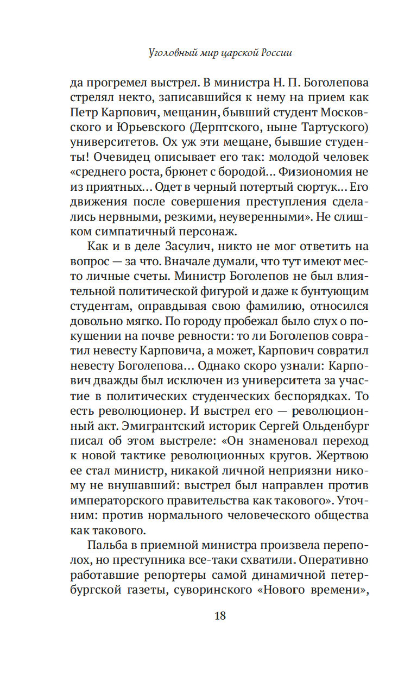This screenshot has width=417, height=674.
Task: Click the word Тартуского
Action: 323,128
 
